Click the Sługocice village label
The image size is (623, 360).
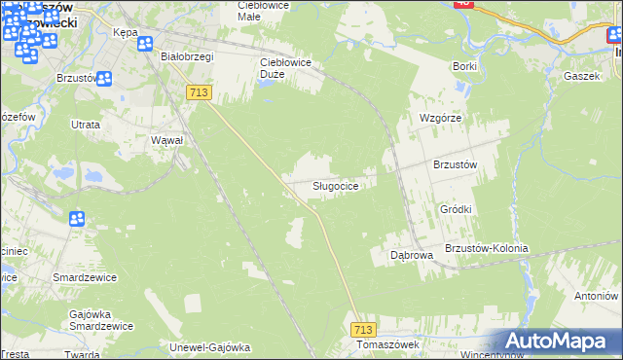pos(340,186)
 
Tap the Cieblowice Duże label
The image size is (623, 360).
pos(284,62)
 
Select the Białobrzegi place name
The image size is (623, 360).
pos(187,56)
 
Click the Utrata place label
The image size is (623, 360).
pos(86,126)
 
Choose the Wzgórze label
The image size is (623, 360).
pos(439,118)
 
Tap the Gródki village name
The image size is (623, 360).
pos(456,209)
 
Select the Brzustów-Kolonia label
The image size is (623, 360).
pos(486,248)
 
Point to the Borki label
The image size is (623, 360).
pos(464,66)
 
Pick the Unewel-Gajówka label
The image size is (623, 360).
pos(210,347)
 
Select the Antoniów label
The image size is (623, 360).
pos(596,295)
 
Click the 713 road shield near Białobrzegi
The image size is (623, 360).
pos(199,91)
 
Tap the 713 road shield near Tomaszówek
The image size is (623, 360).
pos(364,331)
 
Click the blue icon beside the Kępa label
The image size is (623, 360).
pos(145,44)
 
